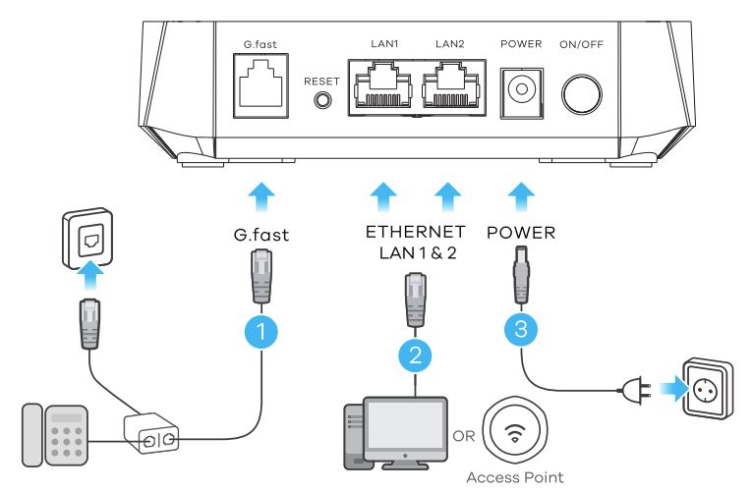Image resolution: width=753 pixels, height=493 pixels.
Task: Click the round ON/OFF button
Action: pos(583,90)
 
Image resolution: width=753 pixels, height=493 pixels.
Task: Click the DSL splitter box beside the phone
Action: pos(154,432)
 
